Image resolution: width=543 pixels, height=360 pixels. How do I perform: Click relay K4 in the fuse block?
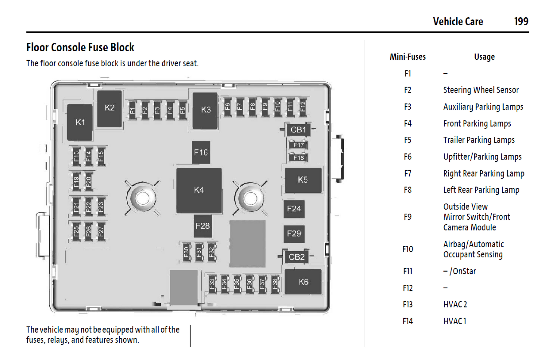coord(199,190)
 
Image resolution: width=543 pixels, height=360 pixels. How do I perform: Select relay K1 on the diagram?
coord(80,122)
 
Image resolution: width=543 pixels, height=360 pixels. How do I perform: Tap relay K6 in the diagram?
coord(303,282)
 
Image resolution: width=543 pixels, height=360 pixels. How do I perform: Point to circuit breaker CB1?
coord(298,130)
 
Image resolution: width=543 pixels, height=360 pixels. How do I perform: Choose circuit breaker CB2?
coord(296,257)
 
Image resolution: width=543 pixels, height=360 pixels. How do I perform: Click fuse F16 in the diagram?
coord(201,153)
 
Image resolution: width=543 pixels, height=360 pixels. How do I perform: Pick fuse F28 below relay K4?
coord(203,226)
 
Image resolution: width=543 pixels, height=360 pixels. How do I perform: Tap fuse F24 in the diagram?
coord(294,209)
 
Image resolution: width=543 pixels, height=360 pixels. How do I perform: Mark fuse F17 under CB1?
coord(298,145)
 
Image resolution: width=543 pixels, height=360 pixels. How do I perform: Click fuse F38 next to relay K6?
coord(275,284)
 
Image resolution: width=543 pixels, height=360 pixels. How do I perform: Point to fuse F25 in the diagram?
coord(76,231)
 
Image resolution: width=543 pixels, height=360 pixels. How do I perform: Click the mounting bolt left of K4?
coord(142,198)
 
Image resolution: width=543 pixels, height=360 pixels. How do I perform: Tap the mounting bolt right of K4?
coord(250,198)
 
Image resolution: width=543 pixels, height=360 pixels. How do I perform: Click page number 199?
coord(521,21)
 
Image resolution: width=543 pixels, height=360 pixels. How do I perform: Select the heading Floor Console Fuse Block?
coord(80,47)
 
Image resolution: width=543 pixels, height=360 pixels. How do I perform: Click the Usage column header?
coord(484,57)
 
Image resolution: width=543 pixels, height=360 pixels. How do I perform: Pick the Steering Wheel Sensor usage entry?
coord(481,90)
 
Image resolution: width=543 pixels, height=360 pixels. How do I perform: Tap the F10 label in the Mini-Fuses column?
coord(408,249)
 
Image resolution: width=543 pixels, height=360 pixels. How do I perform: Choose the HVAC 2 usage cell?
coord(455,305)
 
